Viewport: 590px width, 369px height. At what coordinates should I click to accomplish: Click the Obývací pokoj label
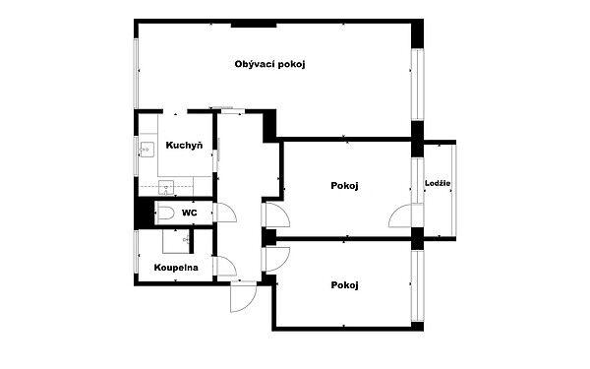pyautogui.click(x=269, y=64)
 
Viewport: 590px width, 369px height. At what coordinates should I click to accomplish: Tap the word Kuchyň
pyautogui.click(x=184, y=145)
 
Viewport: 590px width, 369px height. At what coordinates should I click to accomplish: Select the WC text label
pyautogui.click(x=189, y=213)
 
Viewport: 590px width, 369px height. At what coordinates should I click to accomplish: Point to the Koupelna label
pyautogui.click(x=176, y=268)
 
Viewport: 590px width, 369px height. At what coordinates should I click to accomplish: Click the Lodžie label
pyautogui.click(x=438, y=183)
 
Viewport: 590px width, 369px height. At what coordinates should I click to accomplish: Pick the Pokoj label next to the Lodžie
pyautogui.click(x=344, y=186)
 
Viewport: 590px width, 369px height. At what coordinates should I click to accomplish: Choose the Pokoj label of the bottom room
pyautogui.click(x=344, y=285)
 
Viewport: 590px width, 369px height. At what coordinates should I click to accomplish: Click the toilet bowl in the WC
pyautogui.click(x=165, y=214)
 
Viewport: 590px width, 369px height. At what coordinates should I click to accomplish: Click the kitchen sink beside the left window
pyautogui.click(x=147, y=150)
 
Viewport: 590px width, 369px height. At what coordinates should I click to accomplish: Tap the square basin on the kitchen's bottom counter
pyautogui.click(x=166, y=188)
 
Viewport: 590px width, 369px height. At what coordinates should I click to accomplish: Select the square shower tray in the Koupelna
pyautogui.click(x=176, y=241)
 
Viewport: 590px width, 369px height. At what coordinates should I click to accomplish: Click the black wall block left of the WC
pyautogui.click(x=145, y=214)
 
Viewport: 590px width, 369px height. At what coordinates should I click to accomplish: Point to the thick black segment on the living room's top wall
pyautogui.click(x=254, y=25)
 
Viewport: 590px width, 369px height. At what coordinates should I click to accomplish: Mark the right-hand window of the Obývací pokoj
pyautogui.click(x=417, y=85)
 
